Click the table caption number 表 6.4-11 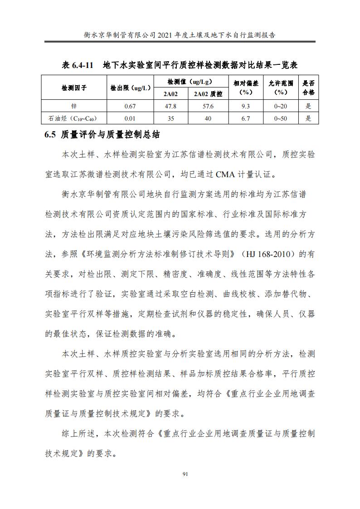77,65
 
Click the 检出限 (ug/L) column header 130,87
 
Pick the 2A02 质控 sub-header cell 208,94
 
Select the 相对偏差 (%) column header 245,87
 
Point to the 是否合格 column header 308,87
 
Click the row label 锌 74,107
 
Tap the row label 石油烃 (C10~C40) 74,119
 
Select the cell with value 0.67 130,107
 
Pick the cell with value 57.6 208,107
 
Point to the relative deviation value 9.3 245,107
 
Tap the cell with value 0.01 130,119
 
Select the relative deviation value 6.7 245,119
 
